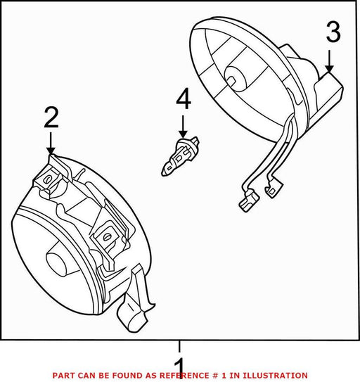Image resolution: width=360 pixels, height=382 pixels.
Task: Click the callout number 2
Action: pyautogui.click(x=51, y=118)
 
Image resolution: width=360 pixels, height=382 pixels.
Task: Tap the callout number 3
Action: pyautogui.click(x=333, y=32)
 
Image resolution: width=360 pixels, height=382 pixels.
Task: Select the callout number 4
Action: pyautogui.click(x=184, y=98)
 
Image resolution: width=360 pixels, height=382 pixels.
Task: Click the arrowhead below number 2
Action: pyautogui.click(x=51, y=151)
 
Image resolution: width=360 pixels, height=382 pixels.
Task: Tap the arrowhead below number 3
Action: pyautogui.click(x=329, y=69)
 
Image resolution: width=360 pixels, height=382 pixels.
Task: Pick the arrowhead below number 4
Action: pyautogui.click(x=183, y=134)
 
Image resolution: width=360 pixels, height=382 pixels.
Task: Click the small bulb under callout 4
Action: pyautogui.click(x=180, y=156)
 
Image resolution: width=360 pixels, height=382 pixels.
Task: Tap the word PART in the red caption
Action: pyautogui.click(x=62, y=376)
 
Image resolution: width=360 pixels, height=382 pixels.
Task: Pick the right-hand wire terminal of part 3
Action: pyautogui.click(x=274, y=187)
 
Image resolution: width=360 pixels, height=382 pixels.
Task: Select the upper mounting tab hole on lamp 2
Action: pyautogui.click(x=48, y=179)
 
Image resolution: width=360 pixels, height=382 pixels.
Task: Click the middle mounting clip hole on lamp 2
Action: pyautogui.click(x=106, y=237)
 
